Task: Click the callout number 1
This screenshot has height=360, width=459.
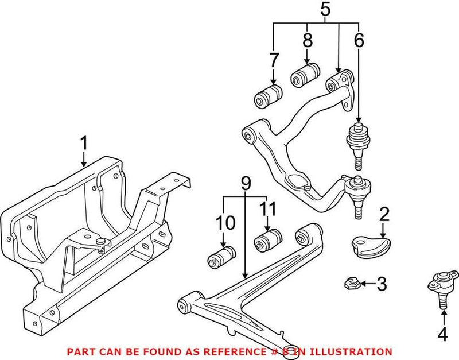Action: point(84,142)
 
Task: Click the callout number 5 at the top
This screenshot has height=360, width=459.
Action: point(325,10)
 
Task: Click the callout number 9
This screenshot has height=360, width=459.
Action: point(246,183)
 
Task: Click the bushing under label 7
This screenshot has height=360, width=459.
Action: point(267,95)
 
